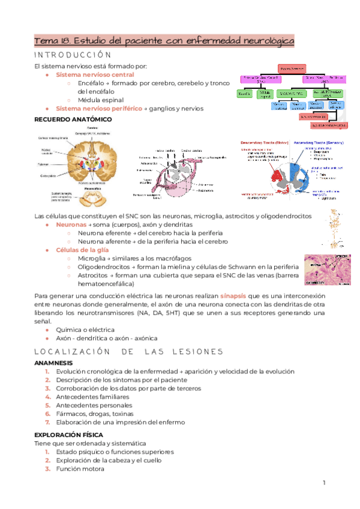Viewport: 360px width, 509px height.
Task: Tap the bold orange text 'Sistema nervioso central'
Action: pyautogui.click(x=95, y=74)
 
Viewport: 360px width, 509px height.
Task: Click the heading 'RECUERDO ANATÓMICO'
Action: pyautogui.click(x=73, y=119)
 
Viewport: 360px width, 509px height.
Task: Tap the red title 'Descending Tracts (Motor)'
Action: pyautogui.click(x=263, y=142)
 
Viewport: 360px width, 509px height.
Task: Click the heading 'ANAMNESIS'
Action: pyautogui.click(x=53, y=363)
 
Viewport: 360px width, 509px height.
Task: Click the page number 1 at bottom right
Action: pyautogui.click(x=323, y=483)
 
